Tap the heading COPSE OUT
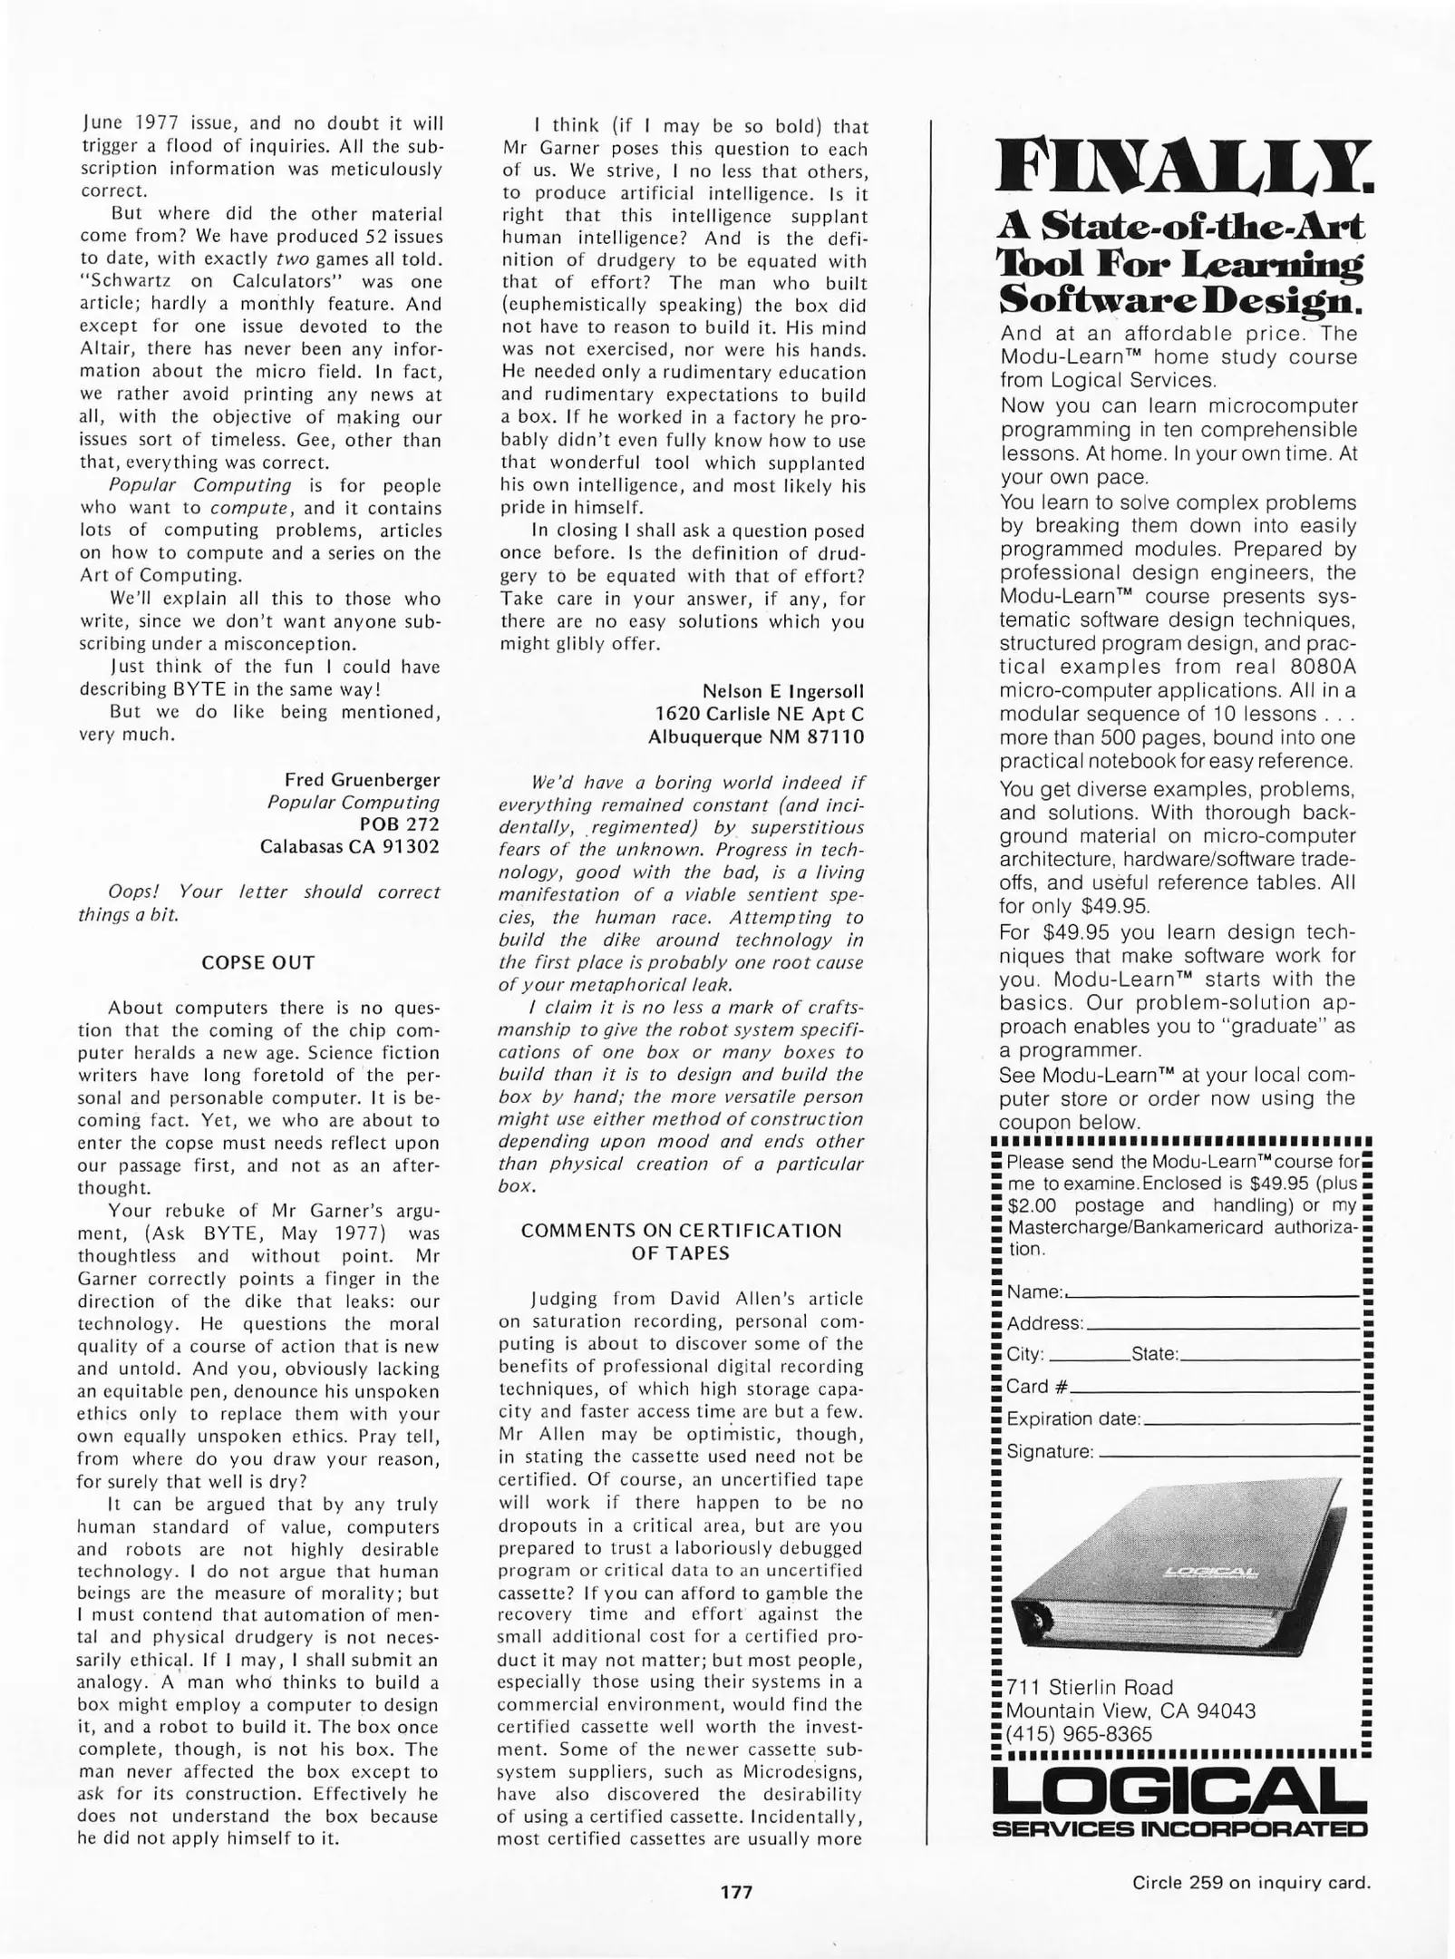(x=258, y=962)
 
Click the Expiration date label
(x=1073, y=1419)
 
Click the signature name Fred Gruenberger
(x=362, y=780)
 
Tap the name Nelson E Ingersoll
(x=783, y=692)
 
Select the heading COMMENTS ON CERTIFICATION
(x=681, y=1231)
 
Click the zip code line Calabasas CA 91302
(x=349, y=847)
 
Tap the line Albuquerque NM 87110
(x=756, y=737)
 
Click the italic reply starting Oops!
(x=258, y=902)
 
